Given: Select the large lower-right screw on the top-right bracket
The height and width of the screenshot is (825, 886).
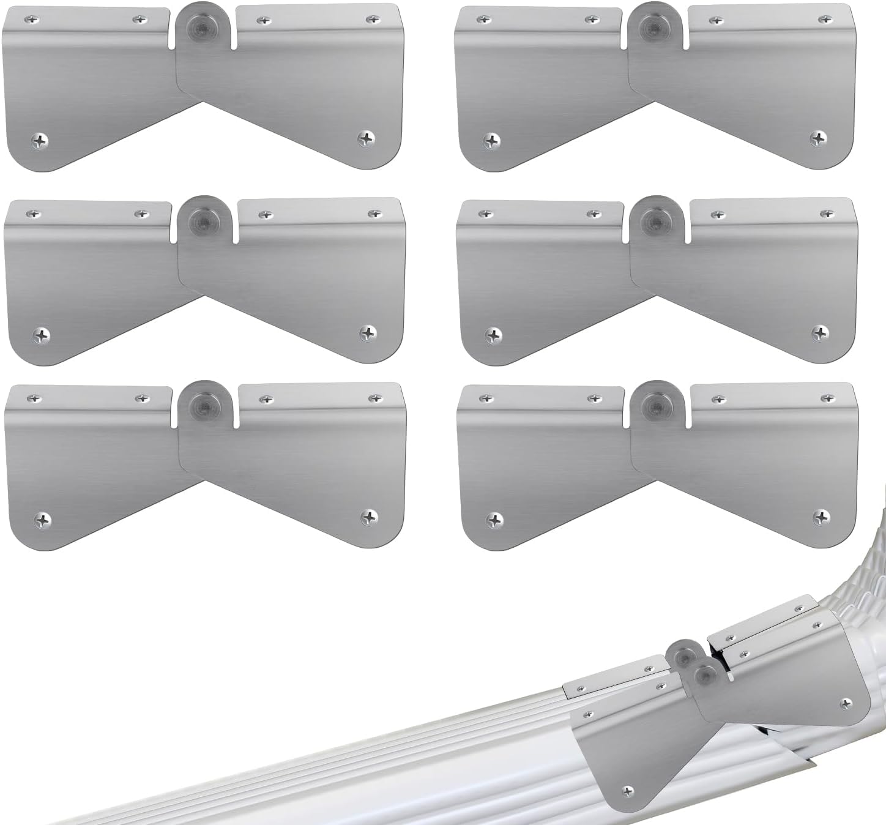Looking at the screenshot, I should coord(818,138).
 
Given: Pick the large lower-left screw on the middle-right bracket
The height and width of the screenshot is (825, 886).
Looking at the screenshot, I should coord(493,335).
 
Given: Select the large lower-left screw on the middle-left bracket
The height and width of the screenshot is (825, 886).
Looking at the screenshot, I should coord(41,335).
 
